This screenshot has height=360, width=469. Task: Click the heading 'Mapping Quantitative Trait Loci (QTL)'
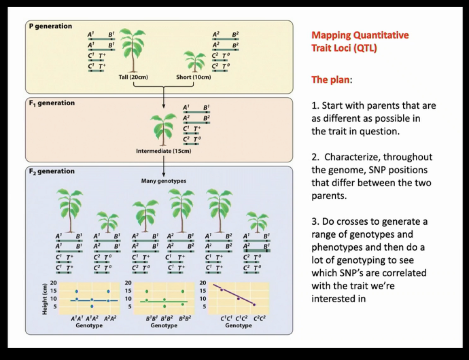[x=360, y=41]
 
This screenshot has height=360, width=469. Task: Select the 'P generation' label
[x=51, y=26]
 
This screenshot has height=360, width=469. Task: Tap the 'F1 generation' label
[x=52, y=103]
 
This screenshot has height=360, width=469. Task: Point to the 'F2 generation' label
[x=52, y=171]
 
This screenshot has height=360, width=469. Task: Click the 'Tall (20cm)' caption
[x=133, y=77]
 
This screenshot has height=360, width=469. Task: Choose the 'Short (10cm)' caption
[x=193, y=77]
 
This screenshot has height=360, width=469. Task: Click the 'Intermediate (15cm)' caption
[x=163, y=151]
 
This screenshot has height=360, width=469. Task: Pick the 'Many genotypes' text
[x=163, y=181]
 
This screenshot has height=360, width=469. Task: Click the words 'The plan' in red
[x=330, y=80]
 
